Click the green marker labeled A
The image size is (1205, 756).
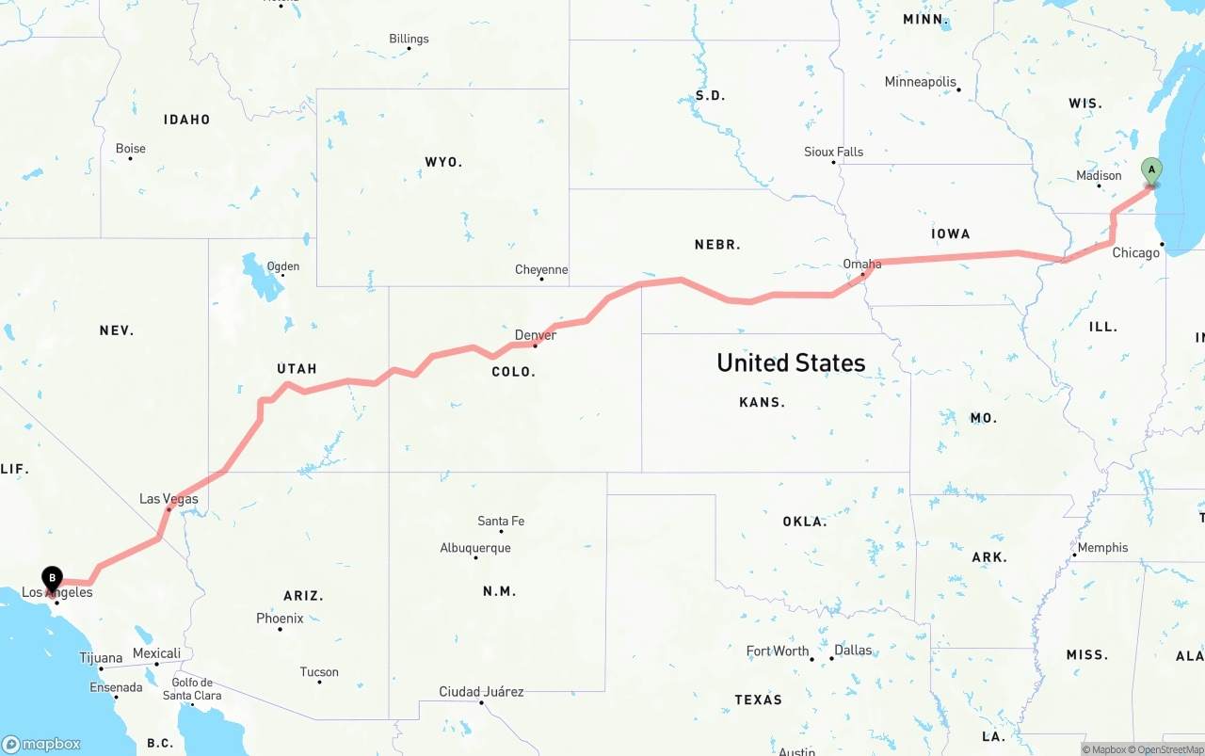click(1150, 171)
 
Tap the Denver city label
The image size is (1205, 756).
click(536, 335)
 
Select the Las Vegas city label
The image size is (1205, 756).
click(169, 499)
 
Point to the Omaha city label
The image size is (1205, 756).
click(862, 265)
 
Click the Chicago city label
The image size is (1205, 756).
click(1136, 253)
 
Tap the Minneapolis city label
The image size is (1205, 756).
click(920, 82)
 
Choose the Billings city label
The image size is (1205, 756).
click(409, 39)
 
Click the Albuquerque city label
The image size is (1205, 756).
click(475, 548)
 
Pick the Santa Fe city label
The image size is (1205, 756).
click(501, 521)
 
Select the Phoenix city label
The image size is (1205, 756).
click(280, 619)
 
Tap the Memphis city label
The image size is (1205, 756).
click(1102, 547)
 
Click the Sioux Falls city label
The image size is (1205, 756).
click(833, 152)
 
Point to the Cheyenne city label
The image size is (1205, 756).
click(541, 270)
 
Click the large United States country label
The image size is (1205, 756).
click(791, 362)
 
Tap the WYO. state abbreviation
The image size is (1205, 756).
click(443, 162)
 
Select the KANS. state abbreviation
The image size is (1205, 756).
click(762, 402)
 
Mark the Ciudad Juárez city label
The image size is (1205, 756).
click(481, 692)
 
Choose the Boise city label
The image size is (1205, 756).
click(131, 149)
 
